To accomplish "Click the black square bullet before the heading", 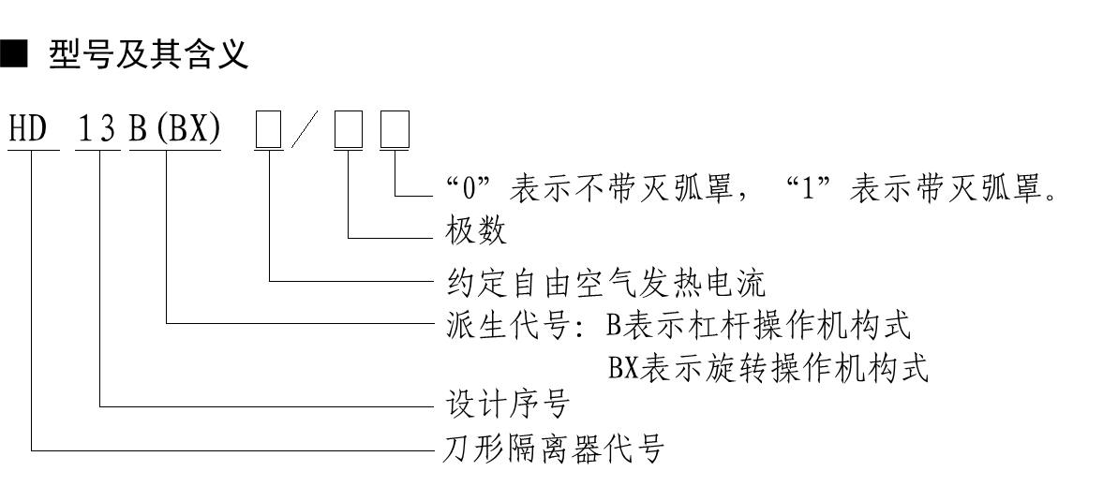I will pyautogui.click(x=15, y=55).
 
